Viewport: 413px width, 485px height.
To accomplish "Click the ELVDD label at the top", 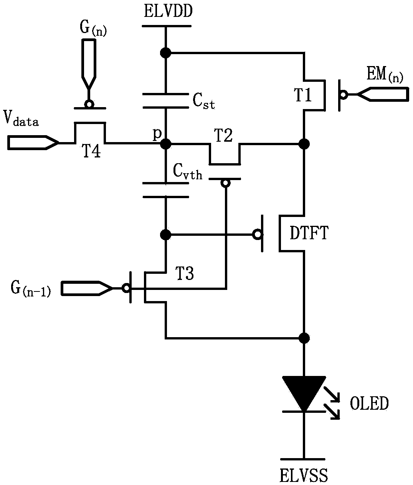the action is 168,12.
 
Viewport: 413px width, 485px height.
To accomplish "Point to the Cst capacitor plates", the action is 166,101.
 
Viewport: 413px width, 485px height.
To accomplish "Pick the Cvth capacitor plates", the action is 166,190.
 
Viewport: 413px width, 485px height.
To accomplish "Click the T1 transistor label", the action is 303,95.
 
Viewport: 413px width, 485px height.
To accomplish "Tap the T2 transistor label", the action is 223,136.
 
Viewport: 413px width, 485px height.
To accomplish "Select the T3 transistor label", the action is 185,273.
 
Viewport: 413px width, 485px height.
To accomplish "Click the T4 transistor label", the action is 91,151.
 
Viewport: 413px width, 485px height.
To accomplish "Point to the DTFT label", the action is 309,233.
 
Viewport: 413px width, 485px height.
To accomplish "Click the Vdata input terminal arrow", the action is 33,142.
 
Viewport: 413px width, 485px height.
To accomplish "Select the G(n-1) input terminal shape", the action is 87,288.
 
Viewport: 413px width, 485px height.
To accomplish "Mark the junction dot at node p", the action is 166,144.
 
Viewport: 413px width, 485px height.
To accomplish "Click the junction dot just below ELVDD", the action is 166,53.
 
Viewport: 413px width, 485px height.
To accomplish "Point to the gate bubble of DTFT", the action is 257,234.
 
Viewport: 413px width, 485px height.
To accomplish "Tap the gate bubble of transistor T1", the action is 344,95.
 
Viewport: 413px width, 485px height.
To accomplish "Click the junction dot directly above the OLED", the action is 304,338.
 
